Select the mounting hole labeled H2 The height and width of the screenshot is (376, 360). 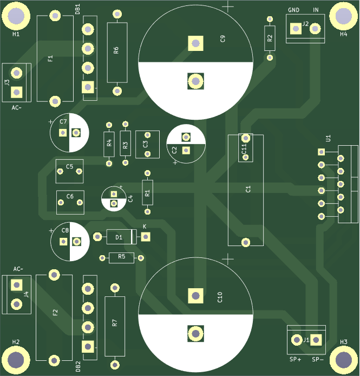(x=16, y=359)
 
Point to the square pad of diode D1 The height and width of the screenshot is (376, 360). (x=145, y=237)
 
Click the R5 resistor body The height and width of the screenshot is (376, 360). (x=121, y=257)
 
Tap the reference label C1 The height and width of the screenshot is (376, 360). (x=248, y=189)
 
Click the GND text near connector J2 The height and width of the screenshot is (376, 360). (x=293, y=10)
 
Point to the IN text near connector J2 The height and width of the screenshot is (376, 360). (x=316, y=10)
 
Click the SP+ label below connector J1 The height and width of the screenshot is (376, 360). (x=294, y=359)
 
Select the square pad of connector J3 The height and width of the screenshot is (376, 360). (x=17, y=92)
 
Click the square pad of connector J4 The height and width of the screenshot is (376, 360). (x=17, y=285)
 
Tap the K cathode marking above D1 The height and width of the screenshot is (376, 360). (x=145, y=226)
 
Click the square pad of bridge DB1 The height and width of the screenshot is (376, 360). (x=87, y=87)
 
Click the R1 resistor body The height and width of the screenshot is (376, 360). (x=147, y=193)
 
